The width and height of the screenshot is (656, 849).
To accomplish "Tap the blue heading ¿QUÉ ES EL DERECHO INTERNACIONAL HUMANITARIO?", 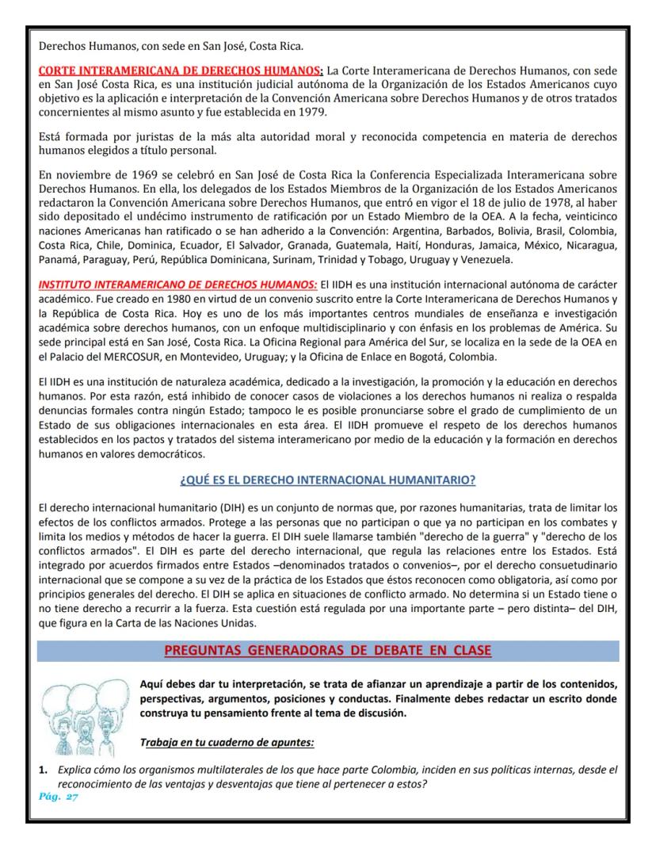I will [x=327, y=480].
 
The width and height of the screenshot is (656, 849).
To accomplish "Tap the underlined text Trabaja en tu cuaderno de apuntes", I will [x=226, y=743].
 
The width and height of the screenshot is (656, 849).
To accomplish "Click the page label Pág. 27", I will [x=59, y=797].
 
